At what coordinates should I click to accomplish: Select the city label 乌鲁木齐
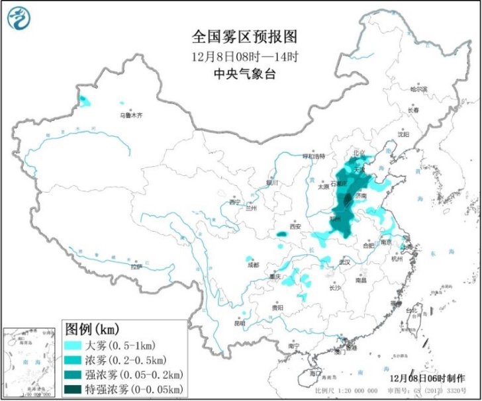pyautogui.click(x=131, y=115)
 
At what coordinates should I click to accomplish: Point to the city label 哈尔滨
pyautogui.click(x=419, y=89)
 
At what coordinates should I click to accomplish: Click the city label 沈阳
pyautogui.click(x=403, y=134)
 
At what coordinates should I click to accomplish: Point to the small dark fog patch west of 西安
pyautogui.click(x=281, y=234)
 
